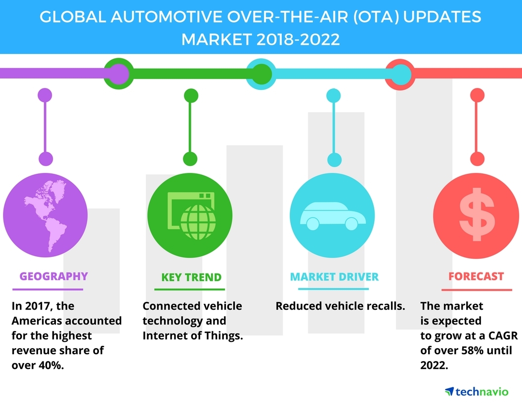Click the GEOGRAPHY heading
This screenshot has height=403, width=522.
(53, 276)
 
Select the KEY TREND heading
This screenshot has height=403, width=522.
(191, 277)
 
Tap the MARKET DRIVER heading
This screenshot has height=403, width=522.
(334, 276)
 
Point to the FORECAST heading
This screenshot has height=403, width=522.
(476, 276)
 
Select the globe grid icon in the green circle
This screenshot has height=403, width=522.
(199, 221)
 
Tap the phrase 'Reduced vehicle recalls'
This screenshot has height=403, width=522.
(340, 306)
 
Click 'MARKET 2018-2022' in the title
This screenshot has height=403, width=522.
(261, 39)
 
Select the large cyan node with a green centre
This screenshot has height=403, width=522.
(259, 74)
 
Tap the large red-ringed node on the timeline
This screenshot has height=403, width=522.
(399, 74)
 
